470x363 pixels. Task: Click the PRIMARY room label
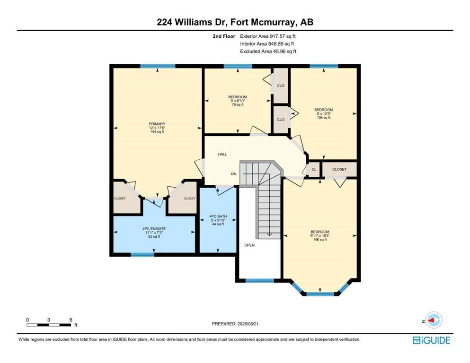click(x=157, y=124)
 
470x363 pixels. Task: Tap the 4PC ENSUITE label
click(x=154, y=229)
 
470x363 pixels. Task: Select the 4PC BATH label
click(x=218, y=216)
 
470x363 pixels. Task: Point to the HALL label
click(x=222, y=155)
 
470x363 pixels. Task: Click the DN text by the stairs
click(x=233, y=174)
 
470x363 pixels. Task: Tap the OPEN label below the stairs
click(x=249, y=245)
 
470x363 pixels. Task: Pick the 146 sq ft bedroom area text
click(x=320, y=240)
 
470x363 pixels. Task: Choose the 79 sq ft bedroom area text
click(x=238, y=105)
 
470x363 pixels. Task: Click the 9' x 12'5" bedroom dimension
click(x=323, y=114)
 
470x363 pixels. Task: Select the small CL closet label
click(x=314, y=169)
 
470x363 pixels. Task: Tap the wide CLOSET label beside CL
click(x=339, y=169)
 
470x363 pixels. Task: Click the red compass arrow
click(x=432, y=320)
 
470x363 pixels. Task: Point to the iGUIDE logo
click(x=431, y=341)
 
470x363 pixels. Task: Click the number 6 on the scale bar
click(x=71, y=320)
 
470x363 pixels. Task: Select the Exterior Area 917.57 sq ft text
click(x=268, y=36)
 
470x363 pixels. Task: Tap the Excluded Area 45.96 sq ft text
click(x=268, y=51)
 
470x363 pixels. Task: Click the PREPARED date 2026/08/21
click(x=247, y=324)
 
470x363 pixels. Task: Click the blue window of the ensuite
click(x=142, y=255)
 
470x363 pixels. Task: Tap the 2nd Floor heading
click(x=224, y=36)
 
